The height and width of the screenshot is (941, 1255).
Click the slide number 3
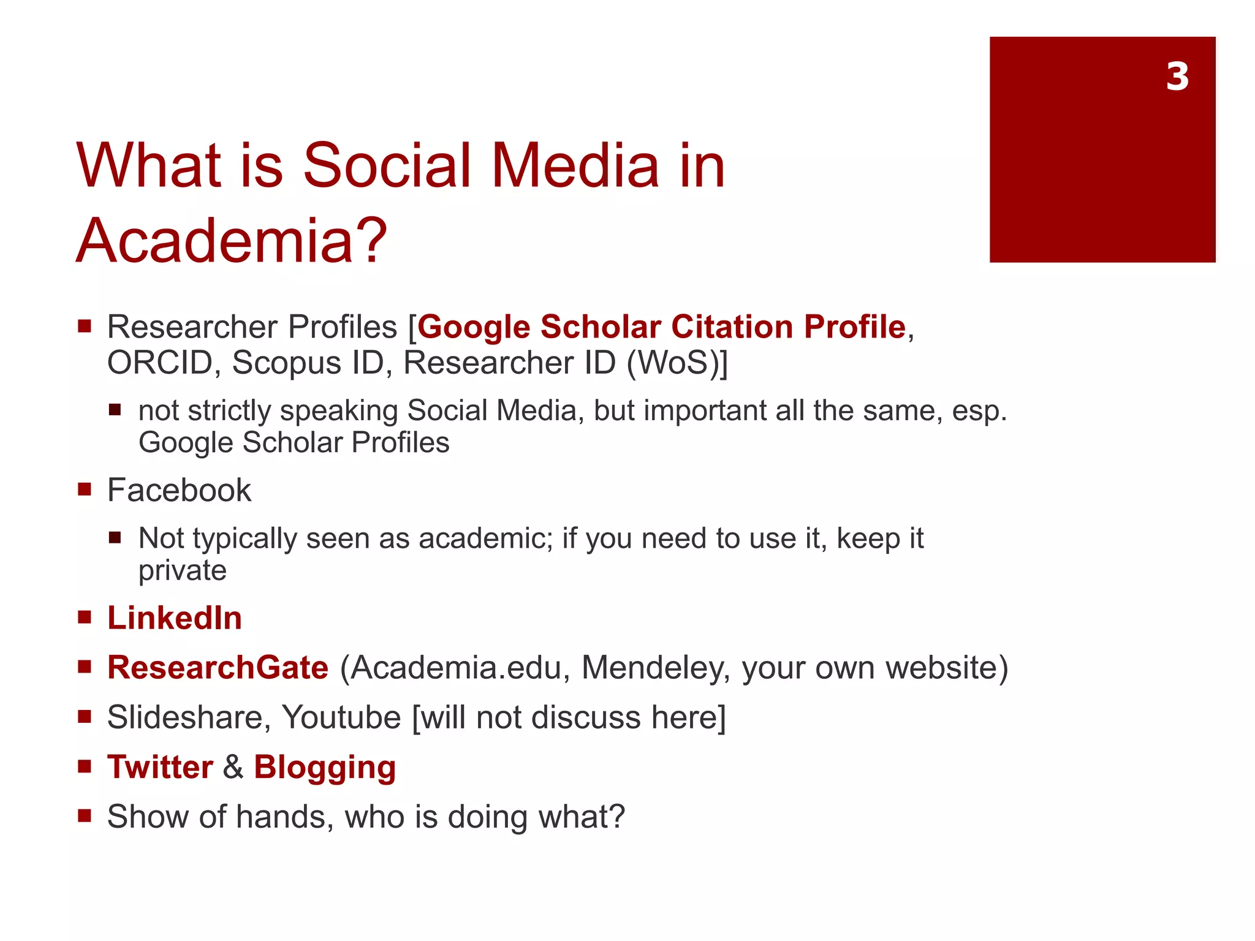tap(1177, 77)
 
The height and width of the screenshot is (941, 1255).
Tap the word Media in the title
tap(575, 165)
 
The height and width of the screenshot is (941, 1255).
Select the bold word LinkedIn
tap(175, 618)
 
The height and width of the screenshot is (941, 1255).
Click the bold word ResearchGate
tap(218, 667)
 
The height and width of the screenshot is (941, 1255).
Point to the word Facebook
tap(179, 490)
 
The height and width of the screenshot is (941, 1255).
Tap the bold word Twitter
tap(160, 766)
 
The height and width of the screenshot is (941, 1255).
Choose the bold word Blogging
tap(325, 768)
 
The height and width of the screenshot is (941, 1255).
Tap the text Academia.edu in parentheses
tap(455, 668)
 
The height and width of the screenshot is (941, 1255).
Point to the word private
tap(182, 571)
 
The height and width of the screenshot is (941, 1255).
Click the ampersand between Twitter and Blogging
tap(233, 767)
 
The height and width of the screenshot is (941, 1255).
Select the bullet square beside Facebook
tap(85, 489)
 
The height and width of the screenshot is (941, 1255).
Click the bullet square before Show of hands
tap(85, 815)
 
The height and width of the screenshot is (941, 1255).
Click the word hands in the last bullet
tap(284, 817)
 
